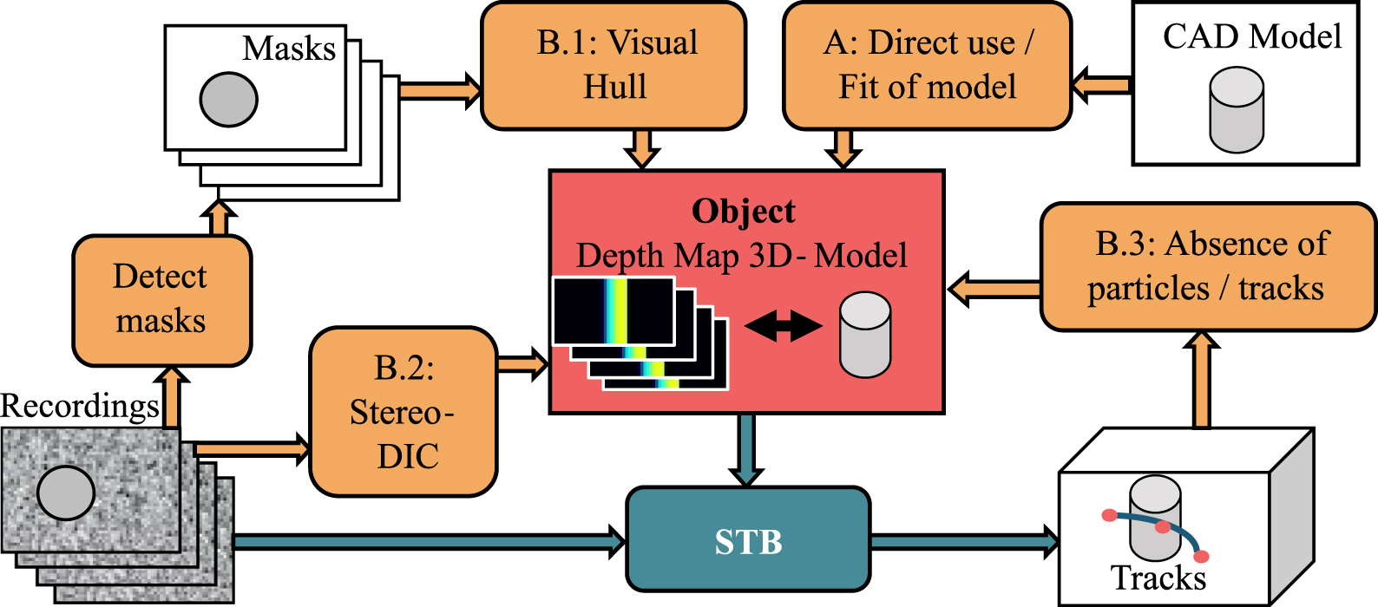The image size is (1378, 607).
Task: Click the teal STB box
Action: tap(747, 541)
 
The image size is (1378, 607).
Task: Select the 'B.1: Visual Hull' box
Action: tap(614, 66)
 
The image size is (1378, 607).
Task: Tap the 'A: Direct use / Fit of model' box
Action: tap(926, 66)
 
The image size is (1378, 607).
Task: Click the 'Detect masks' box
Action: tap(161, 300)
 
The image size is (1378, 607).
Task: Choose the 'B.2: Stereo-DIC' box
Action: tap(404, 411)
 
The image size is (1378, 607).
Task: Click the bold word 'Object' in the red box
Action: tap(743, 212)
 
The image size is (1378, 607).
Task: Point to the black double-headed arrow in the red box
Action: tap(783, 326)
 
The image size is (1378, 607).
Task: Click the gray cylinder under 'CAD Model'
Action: tap(1236, 111)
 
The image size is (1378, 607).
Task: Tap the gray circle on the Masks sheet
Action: tap(228, 99)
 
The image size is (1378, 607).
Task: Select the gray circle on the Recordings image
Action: tap(66, 493)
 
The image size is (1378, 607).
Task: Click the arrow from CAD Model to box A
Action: tap(1100, 86)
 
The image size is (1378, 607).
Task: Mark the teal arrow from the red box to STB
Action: tap(746, 449)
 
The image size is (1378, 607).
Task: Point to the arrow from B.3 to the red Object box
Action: tap(993, 289)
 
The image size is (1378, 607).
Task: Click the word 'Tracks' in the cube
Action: tap(1158, 578)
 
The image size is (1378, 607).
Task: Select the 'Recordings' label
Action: tap(80, 406)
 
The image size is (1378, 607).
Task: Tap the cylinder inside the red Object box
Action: tap(864, 335)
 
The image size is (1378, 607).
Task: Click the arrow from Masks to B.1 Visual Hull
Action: tap(439, 88)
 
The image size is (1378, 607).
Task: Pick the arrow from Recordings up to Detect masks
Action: tap(172, 397)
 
